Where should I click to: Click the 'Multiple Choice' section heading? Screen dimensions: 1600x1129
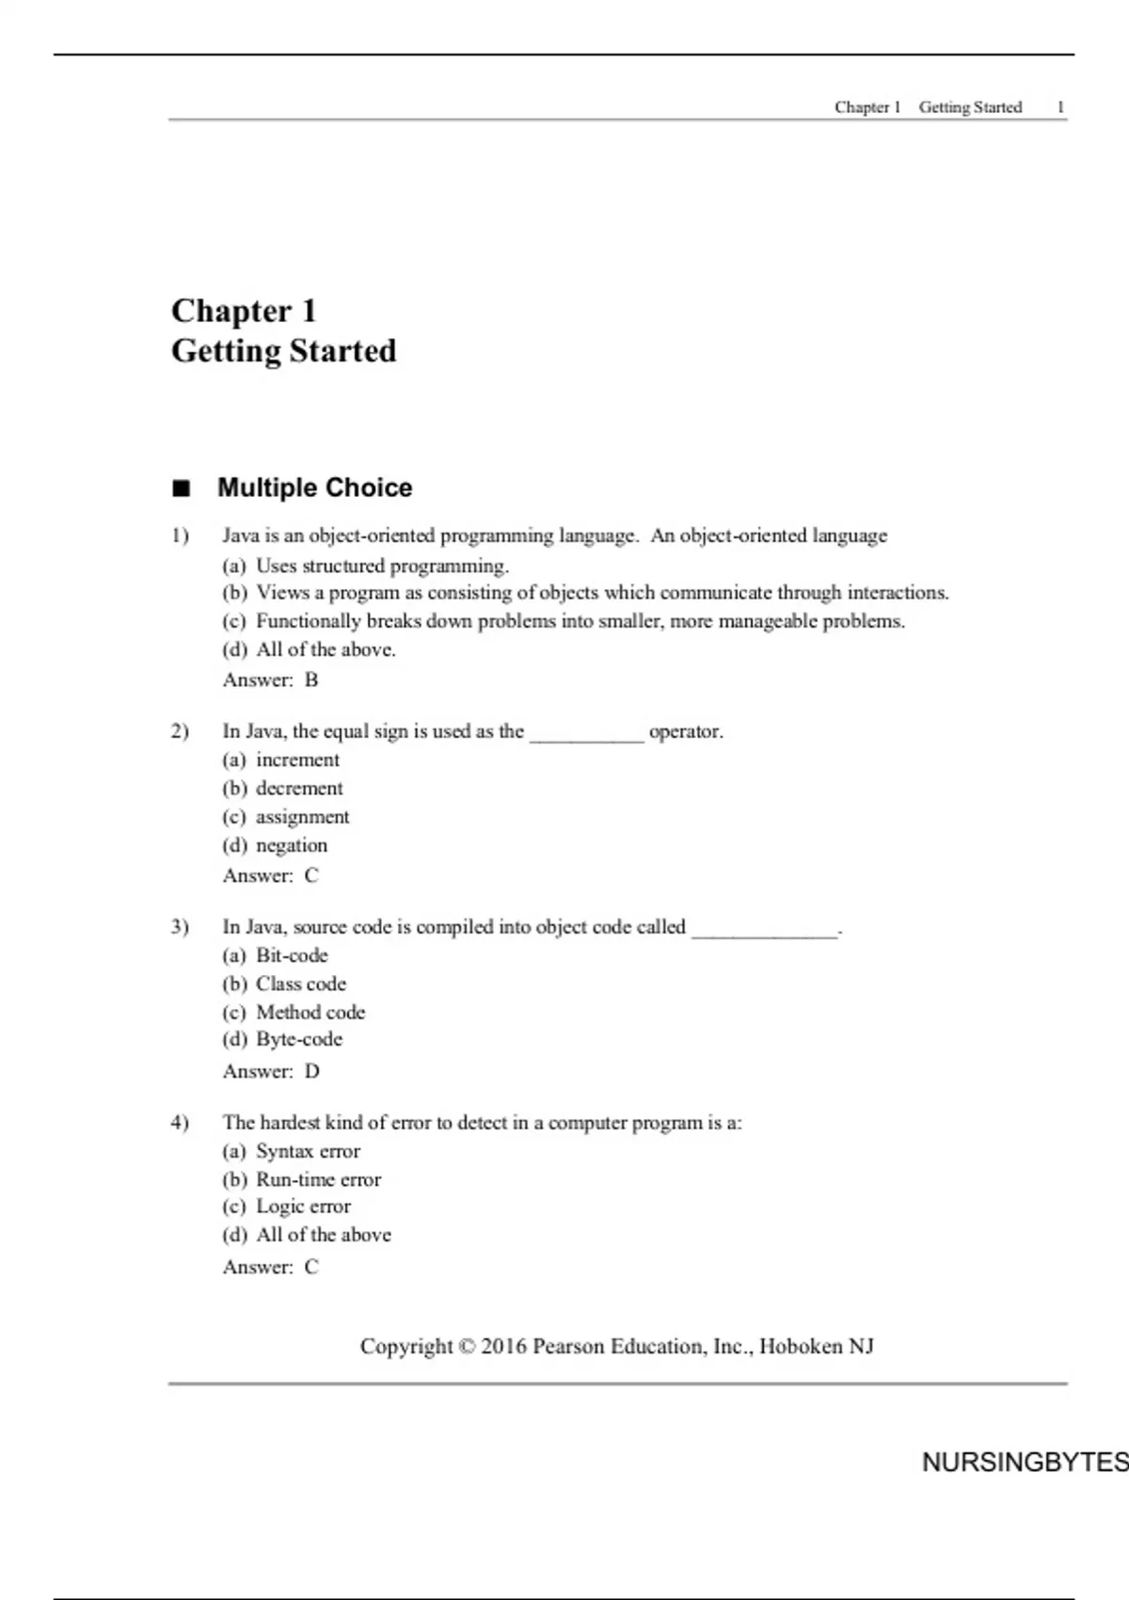[314, 488]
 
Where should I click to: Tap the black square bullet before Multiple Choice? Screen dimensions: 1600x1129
[181, 488]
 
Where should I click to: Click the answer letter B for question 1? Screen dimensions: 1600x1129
[311, 680]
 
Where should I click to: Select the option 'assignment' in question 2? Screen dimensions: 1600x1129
[302, 817]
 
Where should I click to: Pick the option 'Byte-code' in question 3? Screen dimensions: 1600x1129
[299, 1039]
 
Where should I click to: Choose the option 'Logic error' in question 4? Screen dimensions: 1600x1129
[303, 1207]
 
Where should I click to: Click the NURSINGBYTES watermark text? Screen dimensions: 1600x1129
[1024, 1463]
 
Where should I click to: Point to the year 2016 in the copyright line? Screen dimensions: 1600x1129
[503, 1347]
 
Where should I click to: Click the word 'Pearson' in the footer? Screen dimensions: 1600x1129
[568, 1347]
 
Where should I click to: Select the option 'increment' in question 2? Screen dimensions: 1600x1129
[297, 760]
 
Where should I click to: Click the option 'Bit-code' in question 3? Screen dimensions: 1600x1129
[292, 955]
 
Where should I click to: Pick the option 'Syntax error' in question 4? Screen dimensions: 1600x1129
[308, 1151]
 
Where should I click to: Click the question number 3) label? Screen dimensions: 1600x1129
[180, 927]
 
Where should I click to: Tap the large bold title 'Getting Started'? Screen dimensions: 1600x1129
[283, 351]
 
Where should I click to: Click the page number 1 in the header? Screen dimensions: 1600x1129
[1060, 107]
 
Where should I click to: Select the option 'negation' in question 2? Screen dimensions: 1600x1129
[292, 845]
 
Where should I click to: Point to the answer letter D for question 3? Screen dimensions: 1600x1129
[312, 1072]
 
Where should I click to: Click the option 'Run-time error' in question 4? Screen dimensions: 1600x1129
[318, 1179]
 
